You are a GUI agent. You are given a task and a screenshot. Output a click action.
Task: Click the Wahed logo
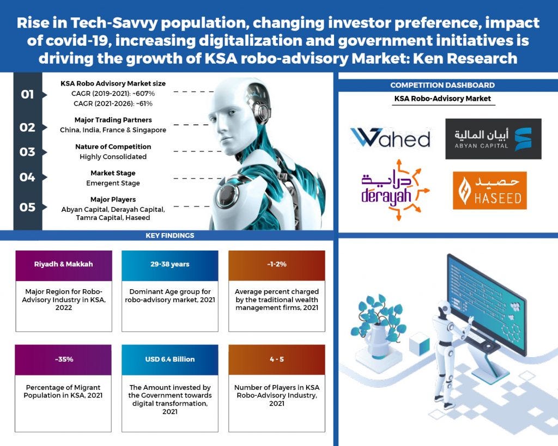coord(390,138)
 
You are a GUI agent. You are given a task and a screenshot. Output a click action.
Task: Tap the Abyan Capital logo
coord(493,139)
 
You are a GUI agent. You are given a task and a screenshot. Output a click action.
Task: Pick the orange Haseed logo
coord(489,191)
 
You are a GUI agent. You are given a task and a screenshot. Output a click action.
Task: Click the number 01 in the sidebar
coord(27,95)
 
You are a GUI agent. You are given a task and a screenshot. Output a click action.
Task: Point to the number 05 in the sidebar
coord(27,207)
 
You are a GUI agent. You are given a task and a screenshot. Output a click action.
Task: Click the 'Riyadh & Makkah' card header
coord(64,264)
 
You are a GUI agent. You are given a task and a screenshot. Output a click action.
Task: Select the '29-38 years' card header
coord(169,264)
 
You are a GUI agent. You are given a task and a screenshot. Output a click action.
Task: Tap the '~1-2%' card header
coord(276,264)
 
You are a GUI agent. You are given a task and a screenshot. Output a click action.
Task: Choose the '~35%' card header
coord(64,359)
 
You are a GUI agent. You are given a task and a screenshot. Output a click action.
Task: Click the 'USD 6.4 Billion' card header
coord(169,359)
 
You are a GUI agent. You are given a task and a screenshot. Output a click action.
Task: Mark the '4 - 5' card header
coord(276,359)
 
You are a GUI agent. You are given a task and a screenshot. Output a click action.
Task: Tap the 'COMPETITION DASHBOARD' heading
coord(442,85)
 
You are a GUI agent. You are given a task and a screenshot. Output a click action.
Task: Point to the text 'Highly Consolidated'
coord(113,157)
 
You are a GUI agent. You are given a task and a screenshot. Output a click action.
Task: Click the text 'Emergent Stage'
coord(113,184)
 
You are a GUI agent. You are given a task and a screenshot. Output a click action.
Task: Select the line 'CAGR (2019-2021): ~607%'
coord(113,93)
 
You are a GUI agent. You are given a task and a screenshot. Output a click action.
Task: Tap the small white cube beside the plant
coord(420,345)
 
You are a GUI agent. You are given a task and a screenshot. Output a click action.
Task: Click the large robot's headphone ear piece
coord(257,112)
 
